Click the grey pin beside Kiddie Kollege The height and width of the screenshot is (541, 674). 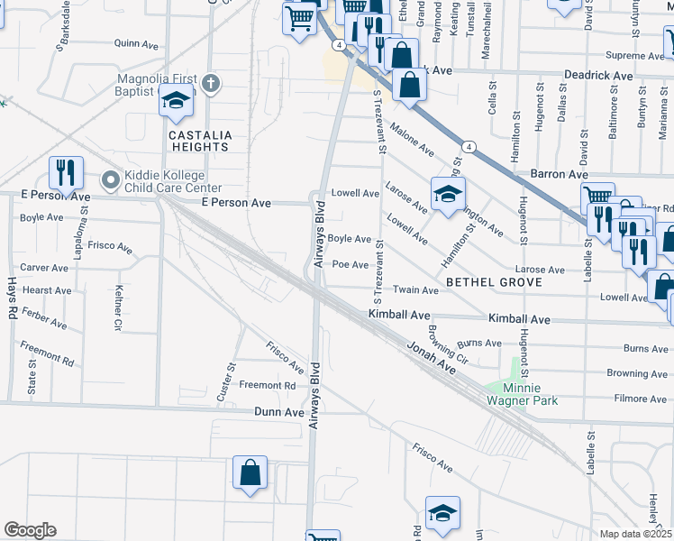[x=110, y=180]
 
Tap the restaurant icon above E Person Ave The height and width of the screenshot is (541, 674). [x=66, y=171]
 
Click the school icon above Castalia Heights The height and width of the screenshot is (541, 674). [x=177, y=102]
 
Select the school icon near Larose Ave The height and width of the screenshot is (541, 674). [x=448, y=194]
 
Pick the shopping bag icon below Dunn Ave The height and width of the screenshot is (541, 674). [x=250, y=472]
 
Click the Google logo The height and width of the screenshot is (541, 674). [x=29, y=530]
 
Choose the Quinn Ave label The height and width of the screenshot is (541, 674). [x=136, y=42]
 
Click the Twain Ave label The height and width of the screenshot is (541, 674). [x=416, y=290]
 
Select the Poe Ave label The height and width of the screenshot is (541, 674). [x=351, y=265]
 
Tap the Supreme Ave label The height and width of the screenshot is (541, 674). [x=633, y=55]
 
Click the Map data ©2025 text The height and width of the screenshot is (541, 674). [x=636, y=534]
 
